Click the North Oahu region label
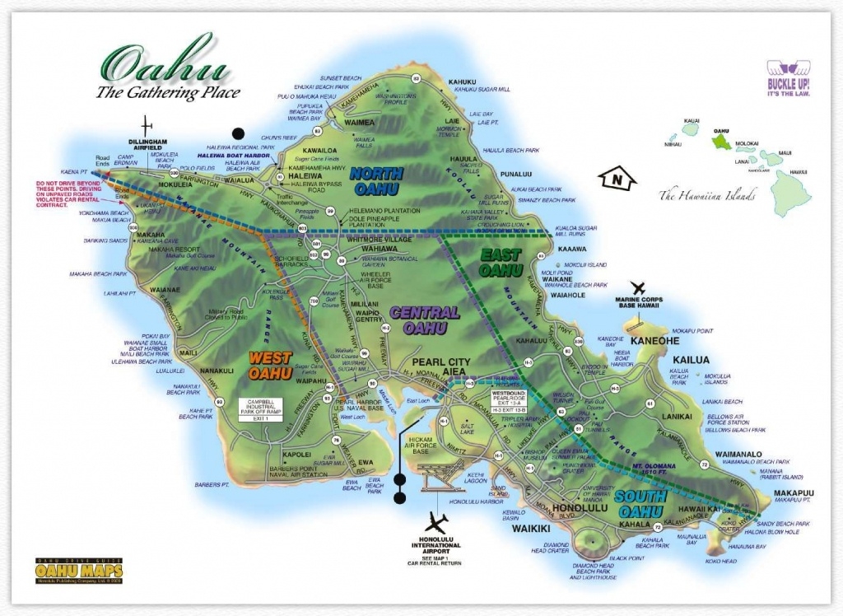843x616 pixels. click(375, 180)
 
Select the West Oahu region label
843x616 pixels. click(270, 363)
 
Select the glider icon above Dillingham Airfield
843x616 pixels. click(147, 125)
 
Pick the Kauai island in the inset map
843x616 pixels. click(690, 128)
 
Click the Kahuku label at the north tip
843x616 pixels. click(463, 82)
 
